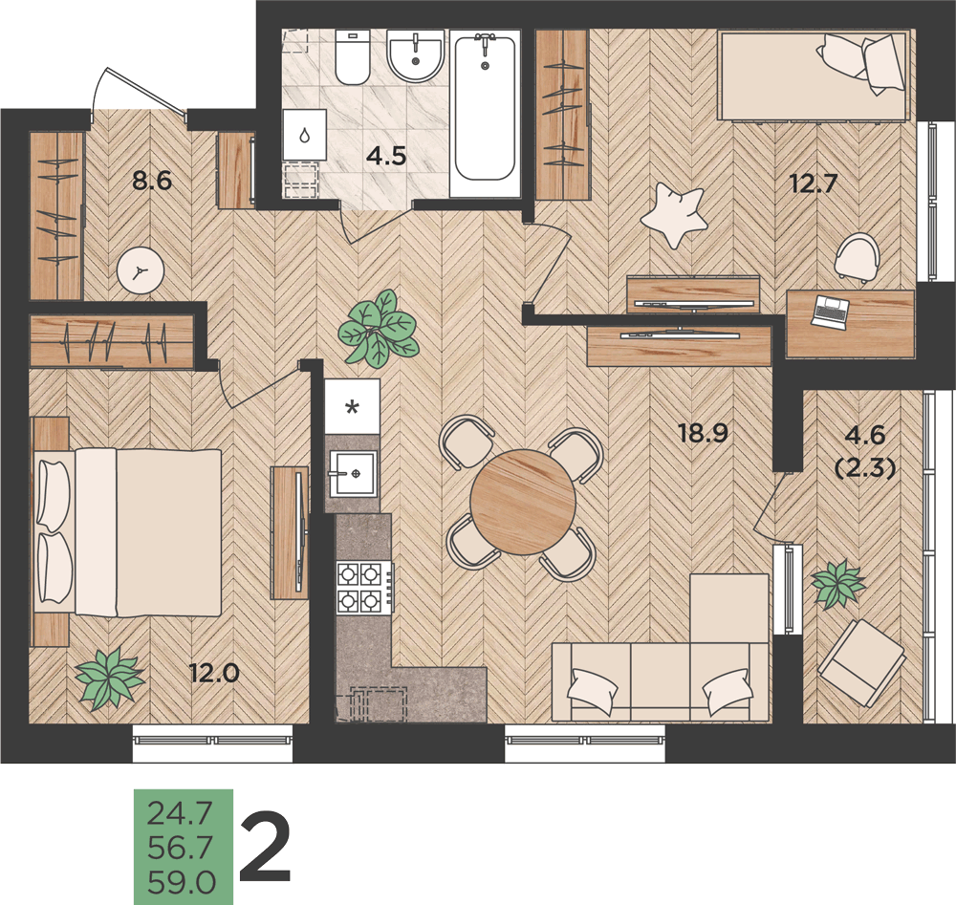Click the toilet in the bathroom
[353, 57]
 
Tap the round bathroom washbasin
[416, 55]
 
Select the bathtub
[486, 109]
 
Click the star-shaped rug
[673, 215]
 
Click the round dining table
[523, 502]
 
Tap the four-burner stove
[359, 588]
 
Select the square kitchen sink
[353, 474]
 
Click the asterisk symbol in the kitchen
[352, 406]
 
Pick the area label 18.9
[704, 433]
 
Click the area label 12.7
[815, 183]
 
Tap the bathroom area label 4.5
[386, 156]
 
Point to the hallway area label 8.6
[152, 181]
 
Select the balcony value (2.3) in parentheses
[865, 468]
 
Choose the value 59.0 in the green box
[182, 882]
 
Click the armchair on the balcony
[861, 662]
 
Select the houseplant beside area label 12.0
[110, 678]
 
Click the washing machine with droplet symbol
[305, 136]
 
